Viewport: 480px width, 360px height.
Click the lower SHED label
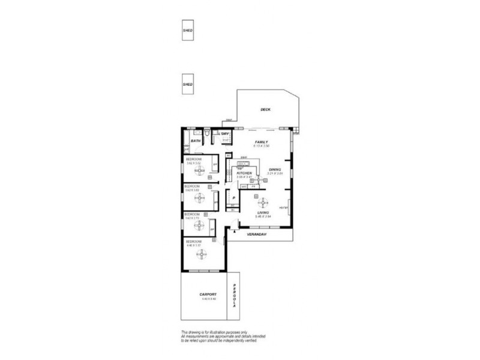tap(187, 85)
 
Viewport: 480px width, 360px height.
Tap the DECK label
tap(265, 110)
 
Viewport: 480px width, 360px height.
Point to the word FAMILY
tap(261, 142)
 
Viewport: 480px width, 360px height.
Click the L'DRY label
tap(224, 133)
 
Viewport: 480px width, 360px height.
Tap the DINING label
tap(275, 169)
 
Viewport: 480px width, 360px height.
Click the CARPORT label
tap(204, 294)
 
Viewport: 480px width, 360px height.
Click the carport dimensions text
tap(204, 299)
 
